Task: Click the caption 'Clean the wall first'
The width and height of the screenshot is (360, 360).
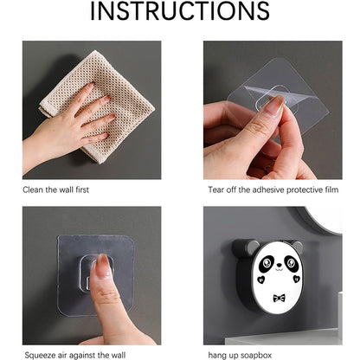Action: coord(55,187)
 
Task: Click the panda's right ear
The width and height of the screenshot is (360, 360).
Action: coord(297,247)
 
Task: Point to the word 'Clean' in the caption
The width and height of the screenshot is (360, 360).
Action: coord(33,187)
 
